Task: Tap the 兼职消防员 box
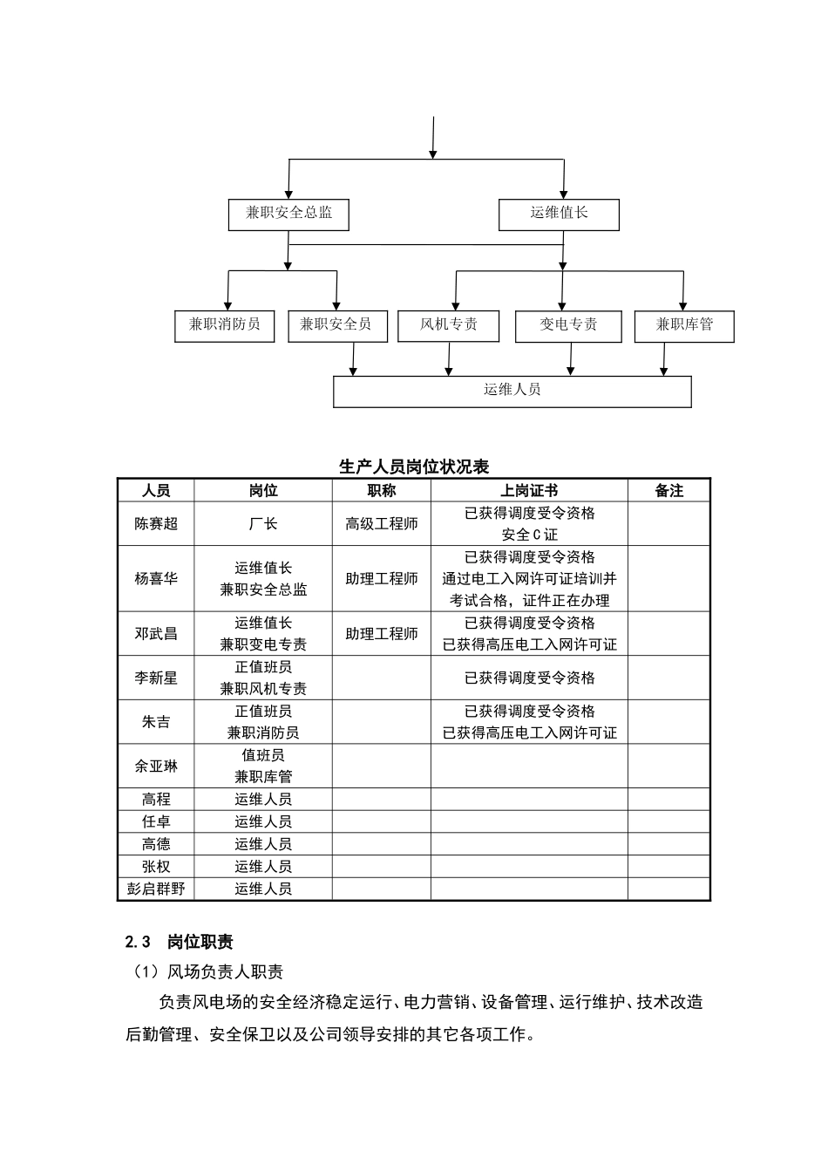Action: click(224, 325)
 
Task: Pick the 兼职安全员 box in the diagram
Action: click(336, 325)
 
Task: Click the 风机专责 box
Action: click(449, 325)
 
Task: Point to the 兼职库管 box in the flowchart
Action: click(684, 326)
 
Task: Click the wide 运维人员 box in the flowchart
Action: click(512, 392)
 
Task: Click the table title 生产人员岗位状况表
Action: click(414, 467)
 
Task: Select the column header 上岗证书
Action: click(529, 491)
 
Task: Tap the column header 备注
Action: click(669, 491)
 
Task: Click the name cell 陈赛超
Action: click(156, 524)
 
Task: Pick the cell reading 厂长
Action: click(262, 524)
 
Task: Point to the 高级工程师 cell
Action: click(381, 524)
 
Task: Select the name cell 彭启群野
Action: click(156, 889)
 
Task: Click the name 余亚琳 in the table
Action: click(156, 767)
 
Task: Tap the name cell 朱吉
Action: click(156, 722)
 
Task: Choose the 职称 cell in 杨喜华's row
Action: click(381, 579)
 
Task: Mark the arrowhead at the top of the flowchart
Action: click(433, 153)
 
